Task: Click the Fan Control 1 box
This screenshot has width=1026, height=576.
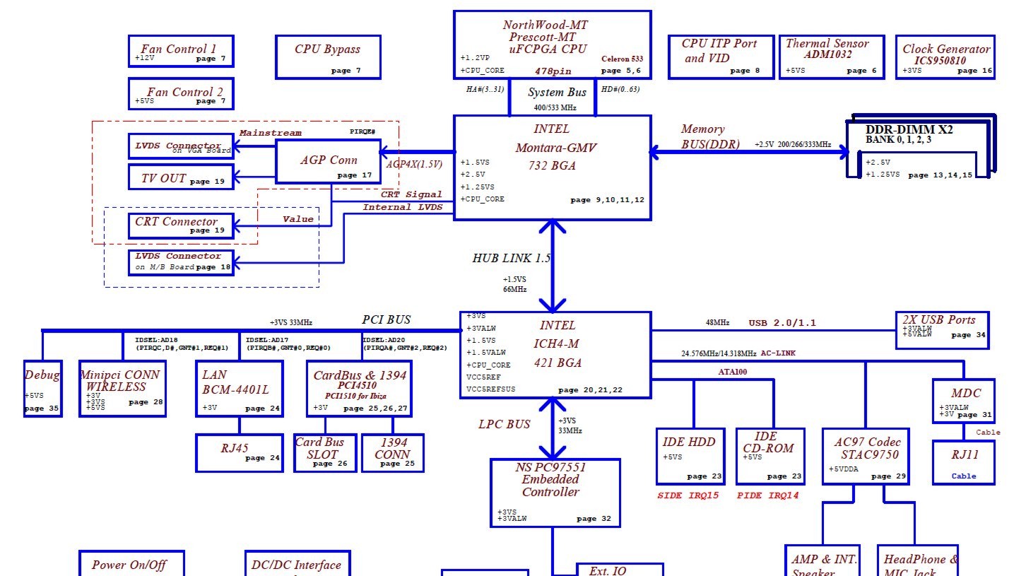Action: coord(181,52)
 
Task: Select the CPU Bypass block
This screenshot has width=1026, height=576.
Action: coord(328,57)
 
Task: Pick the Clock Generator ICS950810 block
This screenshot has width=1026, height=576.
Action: coord(945,57)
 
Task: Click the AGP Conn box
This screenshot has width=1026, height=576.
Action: coord(329,162)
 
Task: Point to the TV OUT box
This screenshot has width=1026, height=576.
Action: coord(181,177)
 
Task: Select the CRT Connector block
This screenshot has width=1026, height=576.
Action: coord(181,225)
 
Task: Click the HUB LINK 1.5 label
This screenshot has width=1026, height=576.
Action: coord(511,258)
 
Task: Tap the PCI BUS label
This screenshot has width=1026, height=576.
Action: coord(387,319)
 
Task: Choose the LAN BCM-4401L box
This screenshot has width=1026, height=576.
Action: coord(239,389)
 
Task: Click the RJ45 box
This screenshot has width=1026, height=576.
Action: coord(239,452)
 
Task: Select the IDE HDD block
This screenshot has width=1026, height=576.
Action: coord(690,456)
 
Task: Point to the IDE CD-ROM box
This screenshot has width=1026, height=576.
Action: coord(769,456)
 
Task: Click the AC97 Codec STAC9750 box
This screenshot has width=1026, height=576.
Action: coord(866,456)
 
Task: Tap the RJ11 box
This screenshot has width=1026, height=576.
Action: coord(963,462)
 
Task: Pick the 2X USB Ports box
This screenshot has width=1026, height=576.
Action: coord(942,330)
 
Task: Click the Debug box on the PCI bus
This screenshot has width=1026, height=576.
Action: coord(42,389)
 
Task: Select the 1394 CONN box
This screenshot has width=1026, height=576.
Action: coord(393,452)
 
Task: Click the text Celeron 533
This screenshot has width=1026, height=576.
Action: coord(622,59)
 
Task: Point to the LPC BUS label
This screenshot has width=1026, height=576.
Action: coord(504,424)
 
